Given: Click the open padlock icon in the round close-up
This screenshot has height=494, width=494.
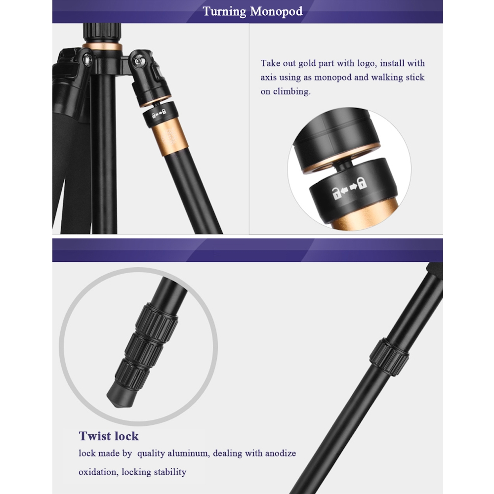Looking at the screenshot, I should pos(337,193).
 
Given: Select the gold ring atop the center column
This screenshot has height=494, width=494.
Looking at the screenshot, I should pos(102,46).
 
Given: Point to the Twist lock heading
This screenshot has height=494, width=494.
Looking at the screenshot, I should pos(109,436).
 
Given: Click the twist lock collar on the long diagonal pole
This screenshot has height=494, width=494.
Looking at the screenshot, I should pos(389,357).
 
